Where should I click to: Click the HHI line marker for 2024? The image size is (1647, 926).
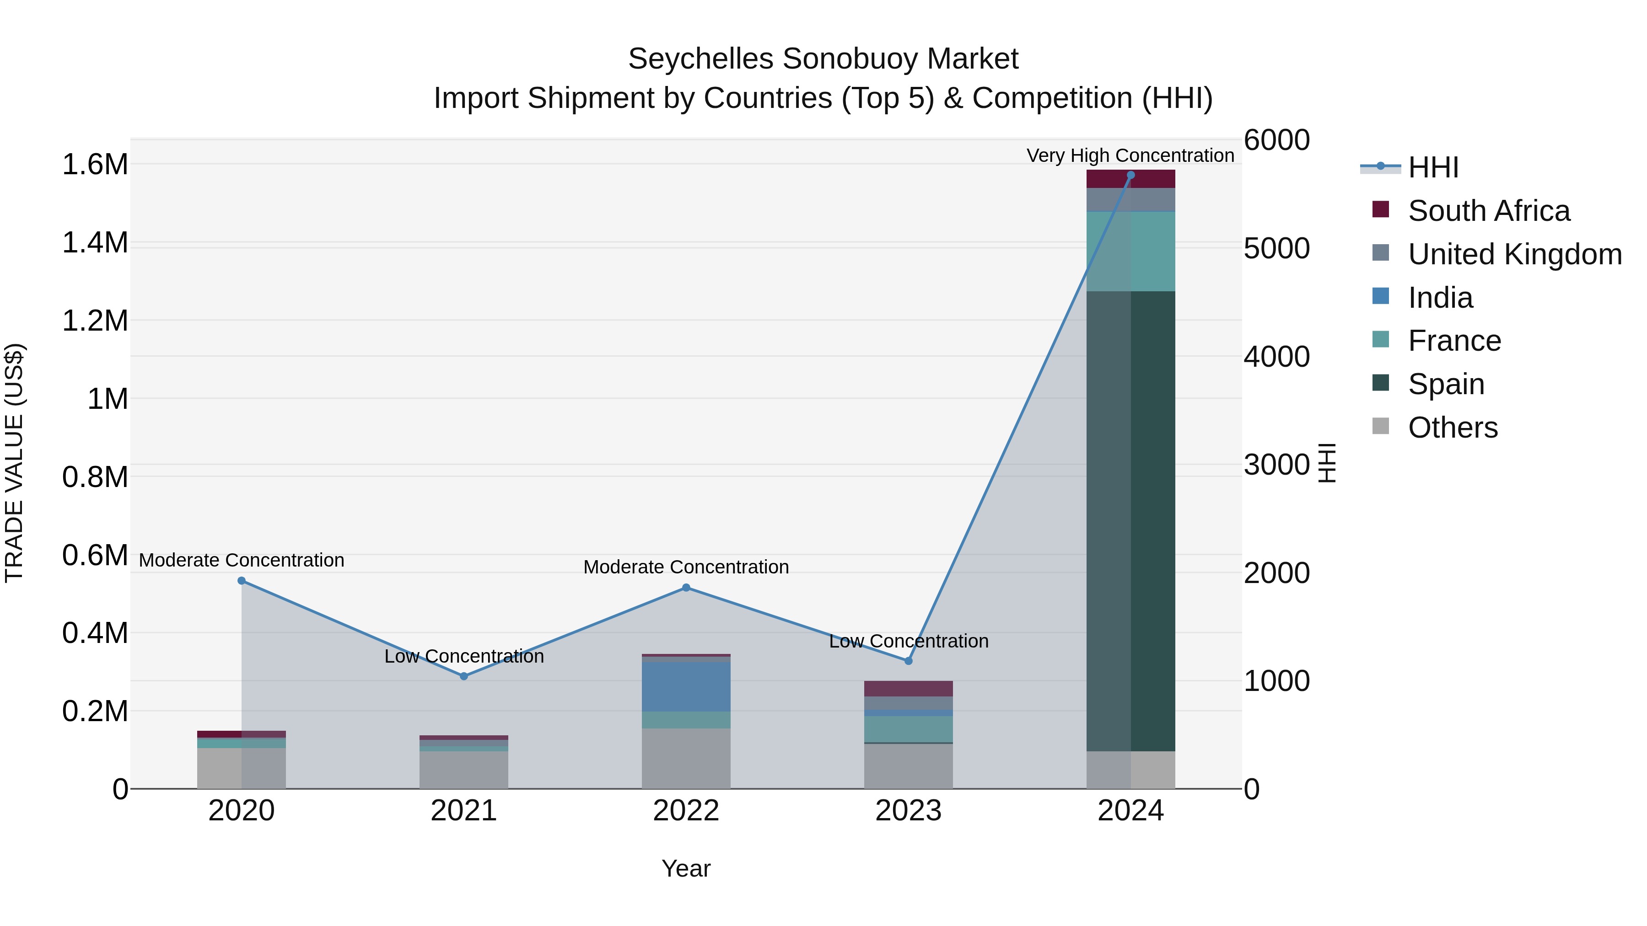point(1130,175)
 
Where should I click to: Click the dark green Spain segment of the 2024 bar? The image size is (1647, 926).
point(1130,521)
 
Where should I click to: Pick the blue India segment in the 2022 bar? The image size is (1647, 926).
point(686,687)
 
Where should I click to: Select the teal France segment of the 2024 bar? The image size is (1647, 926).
point(1130,251)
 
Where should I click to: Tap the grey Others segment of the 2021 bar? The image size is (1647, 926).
point(463,770)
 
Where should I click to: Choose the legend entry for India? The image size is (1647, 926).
point(1440,298)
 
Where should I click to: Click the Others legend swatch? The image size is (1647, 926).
point(1380,426)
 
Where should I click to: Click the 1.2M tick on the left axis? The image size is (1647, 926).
point(95,321)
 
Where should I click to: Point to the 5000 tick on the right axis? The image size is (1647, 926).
point(1276,249)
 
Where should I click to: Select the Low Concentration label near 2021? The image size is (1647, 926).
point(463,656)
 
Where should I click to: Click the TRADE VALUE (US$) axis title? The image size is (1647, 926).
point(14,463)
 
